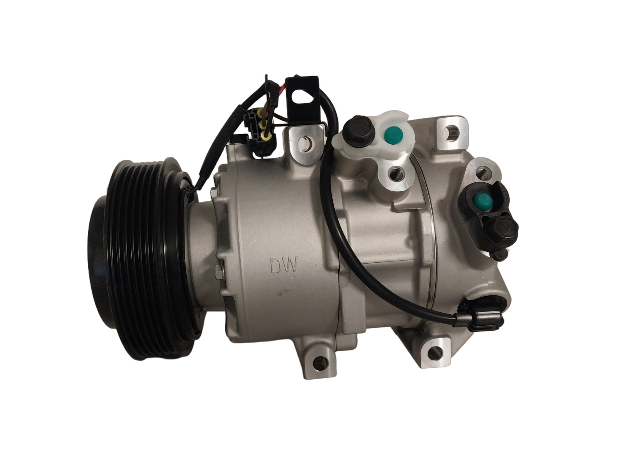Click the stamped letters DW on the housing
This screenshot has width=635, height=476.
click(x=284, y=265)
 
